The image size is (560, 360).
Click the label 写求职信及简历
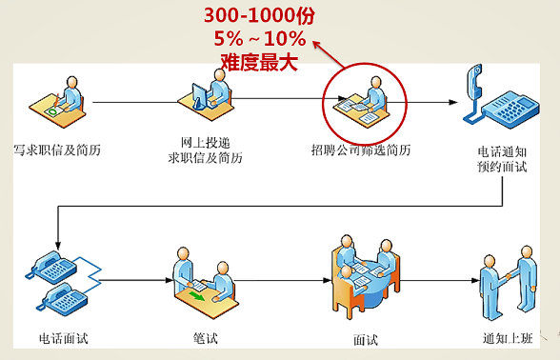[56, 150]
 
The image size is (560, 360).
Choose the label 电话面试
[63, 338]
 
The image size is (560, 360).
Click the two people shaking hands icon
[508, 276]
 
